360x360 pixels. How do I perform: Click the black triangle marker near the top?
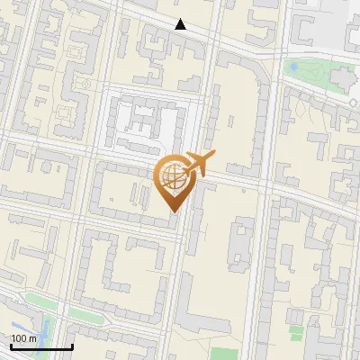(x=181, y=24)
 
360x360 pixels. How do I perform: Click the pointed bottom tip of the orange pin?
(x=171, y=211)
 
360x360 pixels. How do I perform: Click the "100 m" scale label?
(x=24, y=337)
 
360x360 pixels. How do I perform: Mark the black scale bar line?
(x=41, y=346)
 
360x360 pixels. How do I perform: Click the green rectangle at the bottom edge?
(x=227, y=353)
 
